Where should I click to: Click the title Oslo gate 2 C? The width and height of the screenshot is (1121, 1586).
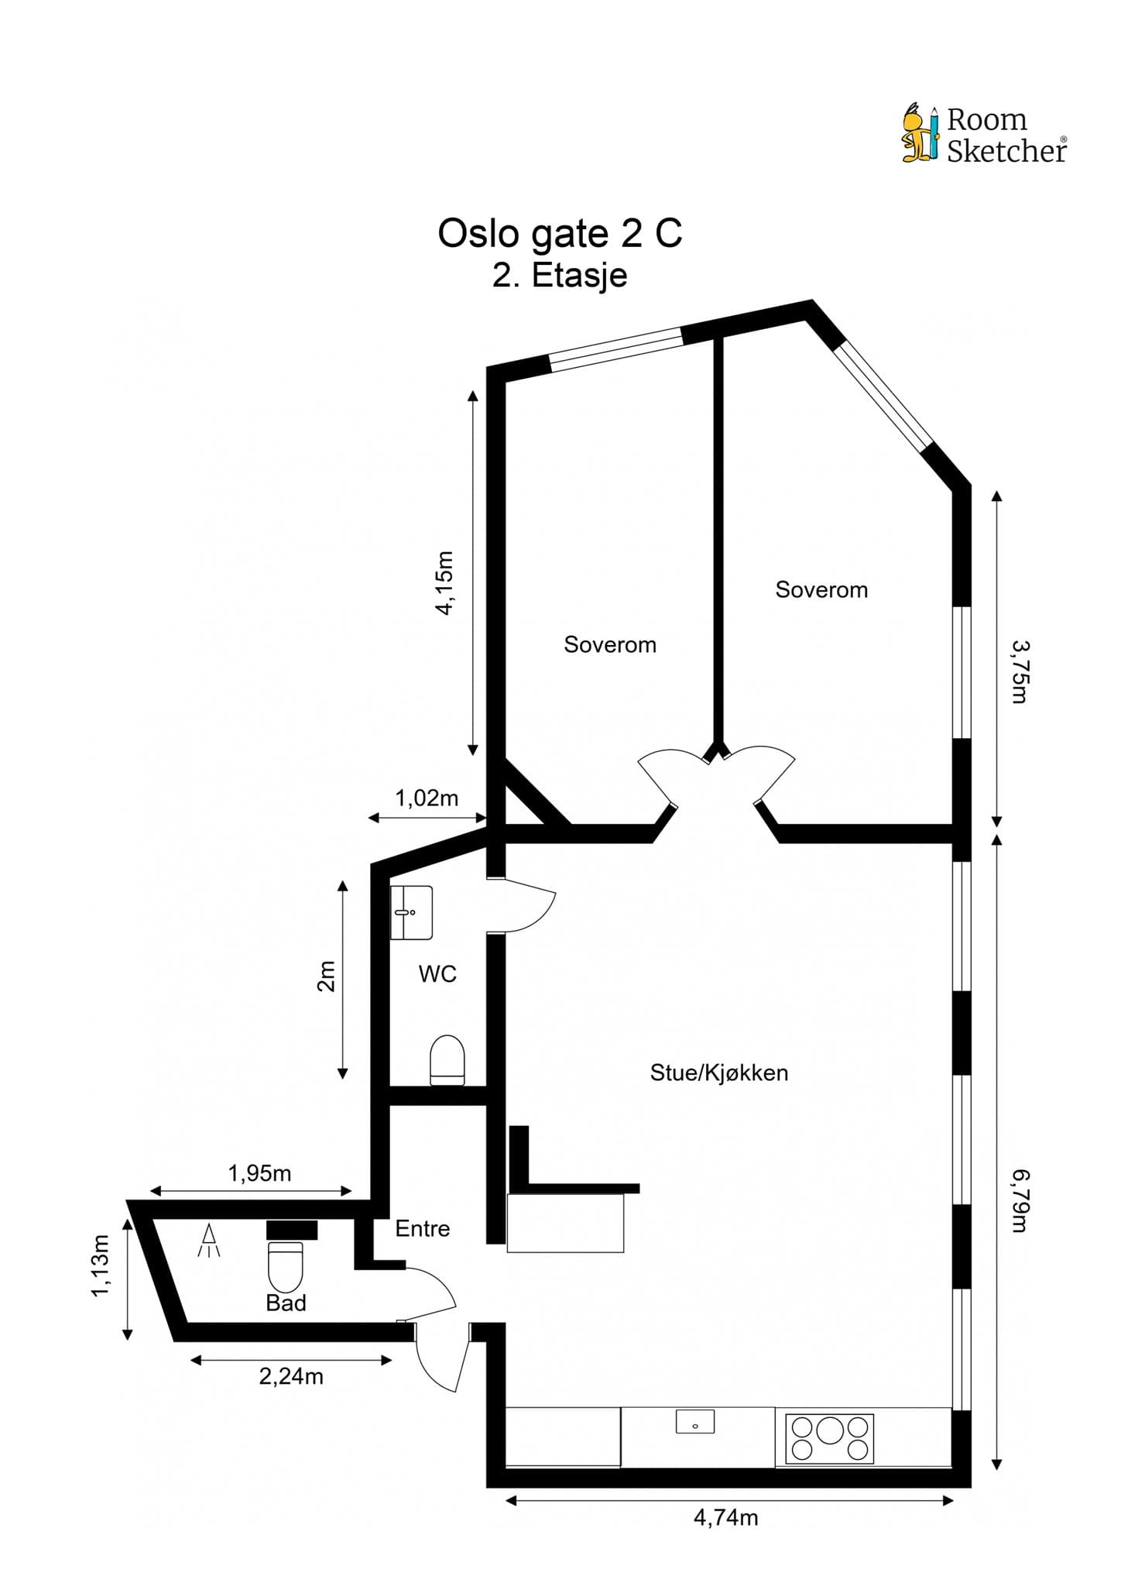[560, 233]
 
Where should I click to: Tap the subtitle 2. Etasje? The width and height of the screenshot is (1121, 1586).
[560, 276]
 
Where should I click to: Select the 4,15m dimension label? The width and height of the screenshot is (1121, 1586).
[444, 582]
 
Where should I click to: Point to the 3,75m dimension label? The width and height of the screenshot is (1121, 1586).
[1021, 671]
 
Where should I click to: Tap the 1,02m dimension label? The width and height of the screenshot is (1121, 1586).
[427, 798]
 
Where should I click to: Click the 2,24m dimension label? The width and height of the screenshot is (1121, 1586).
[291, 1376]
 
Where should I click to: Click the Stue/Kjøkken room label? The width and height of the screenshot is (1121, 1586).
[719, 1073]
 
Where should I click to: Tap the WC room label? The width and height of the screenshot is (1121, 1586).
[437, 974]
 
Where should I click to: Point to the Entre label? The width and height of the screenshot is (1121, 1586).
[422, 1228]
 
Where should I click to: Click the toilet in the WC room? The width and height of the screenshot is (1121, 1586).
[447, 1060]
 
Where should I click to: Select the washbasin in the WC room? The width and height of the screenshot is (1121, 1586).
[411, 912]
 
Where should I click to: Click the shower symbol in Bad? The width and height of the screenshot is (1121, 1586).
[209, 1241]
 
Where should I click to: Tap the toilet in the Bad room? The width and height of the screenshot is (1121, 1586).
[286, 1264]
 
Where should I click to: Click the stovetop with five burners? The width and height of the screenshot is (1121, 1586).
[829, 1438]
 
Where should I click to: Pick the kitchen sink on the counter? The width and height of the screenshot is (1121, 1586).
[695, 1422]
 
